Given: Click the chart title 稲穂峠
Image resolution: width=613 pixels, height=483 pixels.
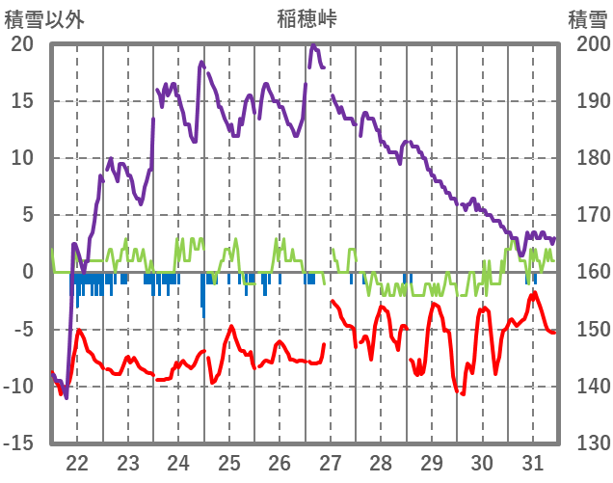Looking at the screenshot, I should (306, 18).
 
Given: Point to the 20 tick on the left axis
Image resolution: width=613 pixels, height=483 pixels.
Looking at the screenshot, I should (22, 44).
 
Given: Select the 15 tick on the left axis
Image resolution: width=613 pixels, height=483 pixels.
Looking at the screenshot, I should (22, 101).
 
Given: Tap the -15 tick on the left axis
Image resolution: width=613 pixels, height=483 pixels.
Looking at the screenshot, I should (18, 443).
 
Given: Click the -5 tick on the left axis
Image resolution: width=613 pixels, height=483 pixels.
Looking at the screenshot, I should (22, 329).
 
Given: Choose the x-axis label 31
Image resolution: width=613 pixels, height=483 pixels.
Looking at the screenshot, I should (532, 462).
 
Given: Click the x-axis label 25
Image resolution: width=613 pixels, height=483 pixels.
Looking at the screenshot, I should (228, 462).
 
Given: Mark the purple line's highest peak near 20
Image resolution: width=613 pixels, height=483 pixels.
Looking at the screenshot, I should (313, 45).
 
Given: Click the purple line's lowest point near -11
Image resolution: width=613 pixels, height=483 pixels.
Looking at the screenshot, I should (67, 396).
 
